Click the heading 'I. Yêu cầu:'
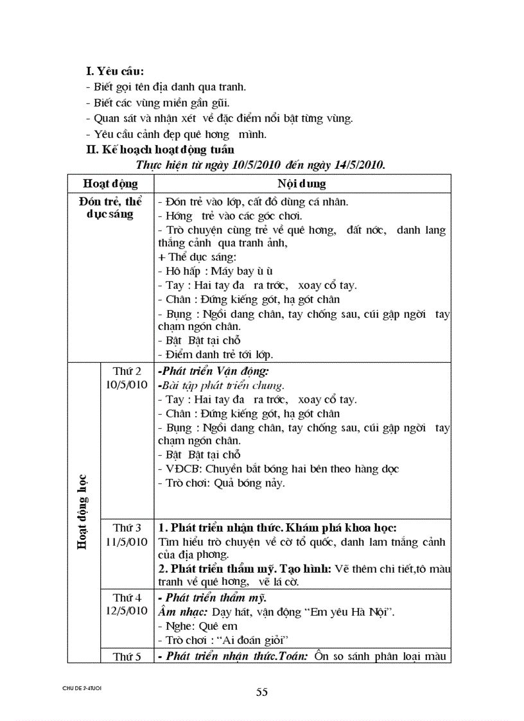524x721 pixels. click(116, 71)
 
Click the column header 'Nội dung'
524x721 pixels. click(302, 184)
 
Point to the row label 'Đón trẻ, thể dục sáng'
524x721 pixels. click(111, 207)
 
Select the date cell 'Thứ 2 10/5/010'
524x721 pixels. click(127, 378)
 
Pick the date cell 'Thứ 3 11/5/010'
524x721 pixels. click(127, 534)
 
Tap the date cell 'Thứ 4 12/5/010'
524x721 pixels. click(127, 604)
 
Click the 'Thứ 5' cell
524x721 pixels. click(127, 656)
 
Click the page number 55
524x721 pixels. click(261, 692)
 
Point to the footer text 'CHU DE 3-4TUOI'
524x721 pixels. click(82, 688)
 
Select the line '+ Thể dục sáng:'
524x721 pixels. click(193, 257)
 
